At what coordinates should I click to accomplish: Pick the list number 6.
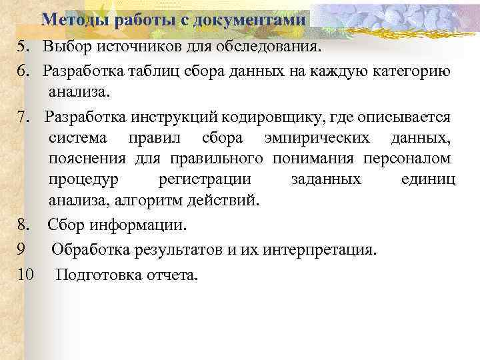[23, 71]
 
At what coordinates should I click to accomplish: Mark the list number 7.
[23, 118]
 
